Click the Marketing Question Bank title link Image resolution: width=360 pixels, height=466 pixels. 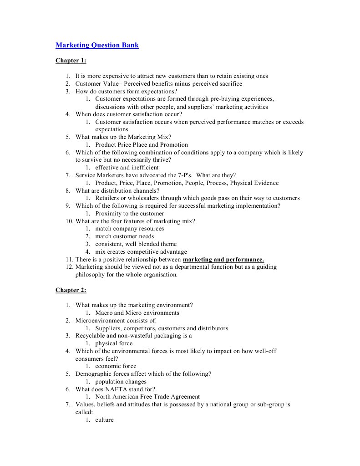[97, 45]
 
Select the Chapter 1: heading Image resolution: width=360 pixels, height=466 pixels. [71, 61]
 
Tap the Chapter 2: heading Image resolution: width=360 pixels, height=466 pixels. [71, 290]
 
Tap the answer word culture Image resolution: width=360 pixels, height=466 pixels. [104, 420]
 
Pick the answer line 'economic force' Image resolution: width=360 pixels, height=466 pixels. [116, 366]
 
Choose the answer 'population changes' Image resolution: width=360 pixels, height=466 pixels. [121, 382]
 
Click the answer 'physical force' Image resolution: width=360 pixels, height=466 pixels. [114, 343]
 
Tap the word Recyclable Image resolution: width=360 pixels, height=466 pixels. [91, 336]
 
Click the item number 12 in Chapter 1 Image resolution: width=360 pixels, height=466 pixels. [69, 267]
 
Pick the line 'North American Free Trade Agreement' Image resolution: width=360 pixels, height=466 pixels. [147, 397]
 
